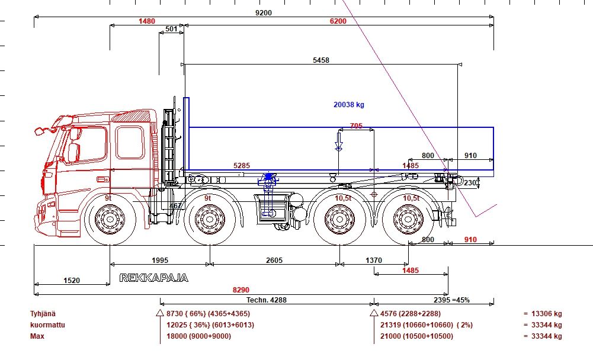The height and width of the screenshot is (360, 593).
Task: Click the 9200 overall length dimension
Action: [264, 13]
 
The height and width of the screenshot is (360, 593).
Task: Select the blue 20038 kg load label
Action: [349, 105]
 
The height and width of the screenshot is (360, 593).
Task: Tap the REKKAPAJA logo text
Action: [154, 278]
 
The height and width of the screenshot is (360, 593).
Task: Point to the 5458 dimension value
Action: [321, 60]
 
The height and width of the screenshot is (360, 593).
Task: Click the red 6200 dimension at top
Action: [338, 21]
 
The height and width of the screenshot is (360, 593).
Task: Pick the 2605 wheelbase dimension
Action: [274, 260]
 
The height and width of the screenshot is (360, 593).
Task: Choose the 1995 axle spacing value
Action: [160, 260]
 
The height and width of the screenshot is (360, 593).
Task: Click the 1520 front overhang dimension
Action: [72, 280]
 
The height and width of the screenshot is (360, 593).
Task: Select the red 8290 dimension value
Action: [241, 290]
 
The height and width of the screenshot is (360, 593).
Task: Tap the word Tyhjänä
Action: [43, 313]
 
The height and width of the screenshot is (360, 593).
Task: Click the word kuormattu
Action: [47, 325]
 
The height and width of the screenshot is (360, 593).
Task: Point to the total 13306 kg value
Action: [546, 313]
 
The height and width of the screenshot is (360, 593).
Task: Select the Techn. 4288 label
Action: [267, 300]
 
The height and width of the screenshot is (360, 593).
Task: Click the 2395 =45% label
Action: [451, 300]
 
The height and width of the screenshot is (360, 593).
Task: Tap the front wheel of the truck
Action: [110, 219]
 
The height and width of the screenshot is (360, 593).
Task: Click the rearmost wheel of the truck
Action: [408, 219]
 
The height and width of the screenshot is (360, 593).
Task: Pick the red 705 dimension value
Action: [356, 126]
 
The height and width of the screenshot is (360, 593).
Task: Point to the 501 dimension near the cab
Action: [171, 29]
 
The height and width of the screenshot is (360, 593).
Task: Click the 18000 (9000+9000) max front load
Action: [198, 336]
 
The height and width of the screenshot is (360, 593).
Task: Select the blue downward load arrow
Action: [339, 142]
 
